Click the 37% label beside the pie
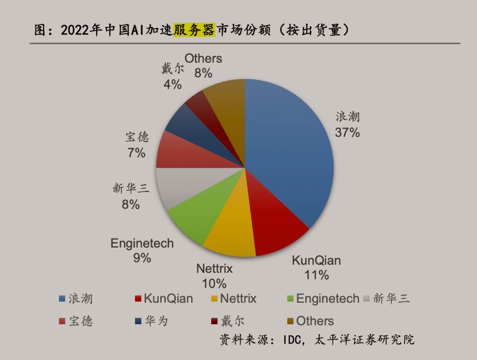click(347, 133)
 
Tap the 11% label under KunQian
click(316, 274)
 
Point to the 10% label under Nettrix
click(214, 283)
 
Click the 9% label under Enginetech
click(142, 258)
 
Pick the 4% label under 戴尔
click(172, 84)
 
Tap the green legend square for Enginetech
click(291, 299)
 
